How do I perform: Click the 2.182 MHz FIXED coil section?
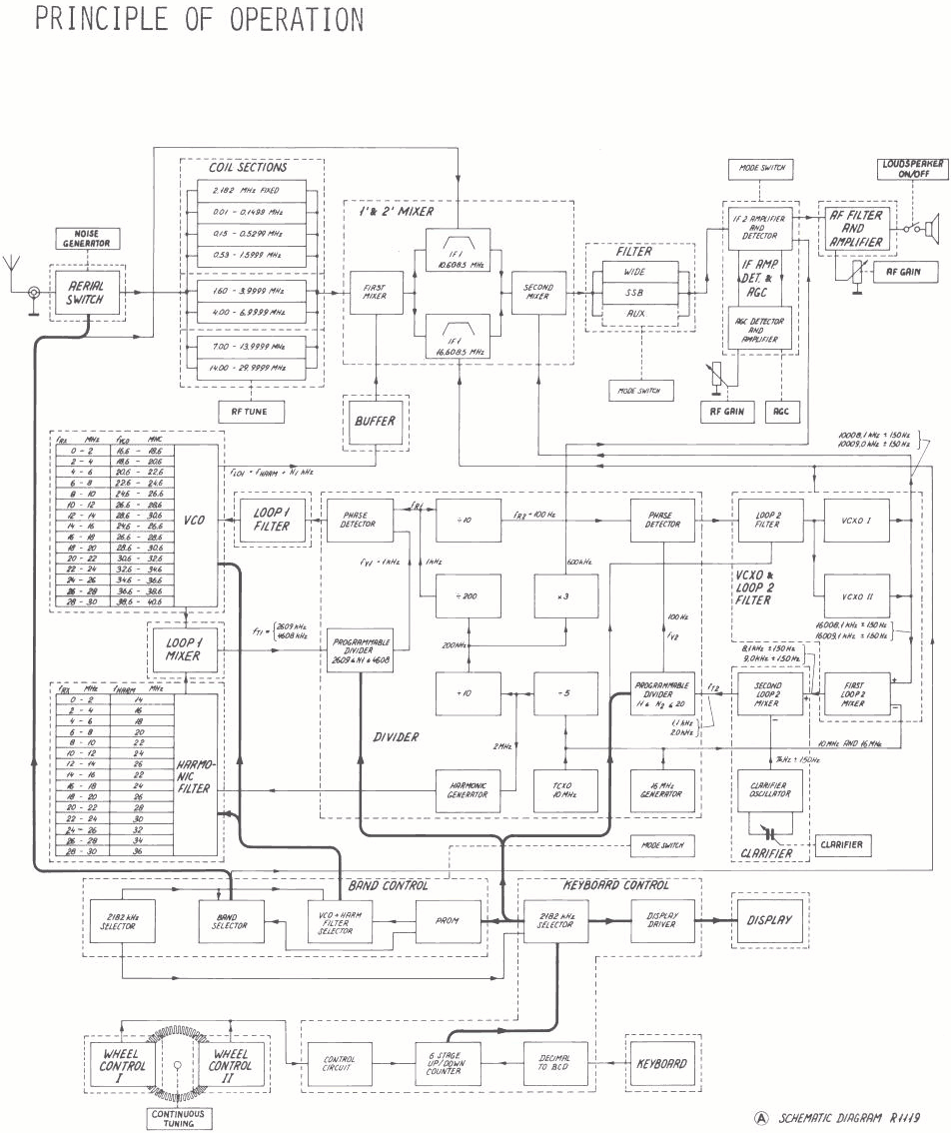251,190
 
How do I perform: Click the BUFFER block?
375,422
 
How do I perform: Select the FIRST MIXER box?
376,293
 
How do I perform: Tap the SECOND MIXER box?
538,293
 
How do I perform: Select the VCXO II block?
856,595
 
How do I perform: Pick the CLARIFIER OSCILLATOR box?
770,790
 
